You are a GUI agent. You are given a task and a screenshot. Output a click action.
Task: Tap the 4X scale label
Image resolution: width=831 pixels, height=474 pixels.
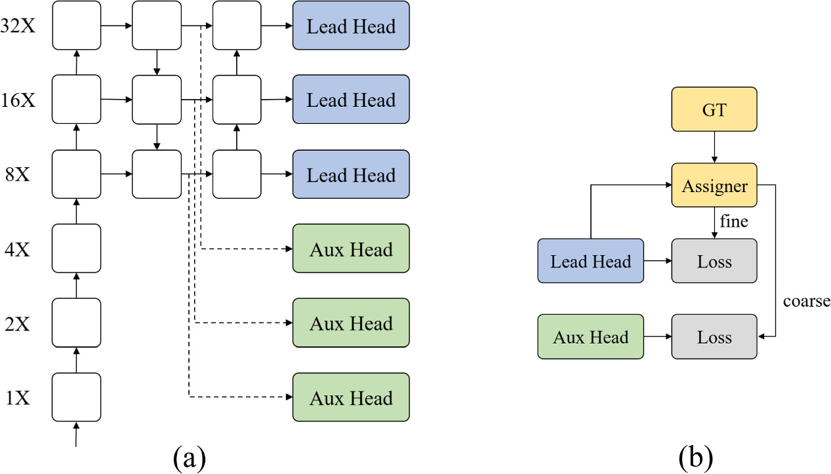[18, 249]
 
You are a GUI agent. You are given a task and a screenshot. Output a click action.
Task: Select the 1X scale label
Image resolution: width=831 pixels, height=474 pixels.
[18, 398]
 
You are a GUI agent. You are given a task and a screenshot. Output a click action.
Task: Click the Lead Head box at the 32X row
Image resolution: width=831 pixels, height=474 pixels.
[351, 26]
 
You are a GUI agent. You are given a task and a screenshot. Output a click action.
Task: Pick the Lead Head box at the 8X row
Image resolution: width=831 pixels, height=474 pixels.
[351, 175]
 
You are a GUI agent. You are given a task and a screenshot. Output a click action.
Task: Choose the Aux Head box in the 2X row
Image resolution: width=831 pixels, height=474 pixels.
[351, 323]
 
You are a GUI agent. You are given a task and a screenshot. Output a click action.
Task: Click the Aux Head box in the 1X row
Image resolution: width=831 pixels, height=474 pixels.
[351, 398]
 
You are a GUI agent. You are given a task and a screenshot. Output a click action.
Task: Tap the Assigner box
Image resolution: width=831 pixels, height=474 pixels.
[714, 186]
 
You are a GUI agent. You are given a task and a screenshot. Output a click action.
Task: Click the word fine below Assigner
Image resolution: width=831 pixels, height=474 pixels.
[733, 222]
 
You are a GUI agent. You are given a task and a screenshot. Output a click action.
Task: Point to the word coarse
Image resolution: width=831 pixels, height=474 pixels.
[806, 302]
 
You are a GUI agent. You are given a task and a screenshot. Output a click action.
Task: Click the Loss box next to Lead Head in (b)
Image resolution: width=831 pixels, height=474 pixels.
[714, 262]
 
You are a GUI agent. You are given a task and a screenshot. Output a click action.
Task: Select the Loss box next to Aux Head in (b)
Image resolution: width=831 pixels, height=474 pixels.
[714, 337]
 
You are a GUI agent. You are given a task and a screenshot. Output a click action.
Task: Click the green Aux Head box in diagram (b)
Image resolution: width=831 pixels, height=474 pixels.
[590, 337]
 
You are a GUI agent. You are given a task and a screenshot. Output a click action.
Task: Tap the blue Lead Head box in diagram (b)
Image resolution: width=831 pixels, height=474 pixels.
[590, 262]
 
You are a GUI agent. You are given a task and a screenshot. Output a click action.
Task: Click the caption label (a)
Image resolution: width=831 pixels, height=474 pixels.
[190, 456]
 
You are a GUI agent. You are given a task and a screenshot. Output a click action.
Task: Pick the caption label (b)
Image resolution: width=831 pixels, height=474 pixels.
[695, 456]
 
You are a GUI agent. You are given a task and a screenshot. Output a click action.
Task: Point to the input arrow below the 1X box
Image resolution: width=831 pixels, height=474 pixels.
[76, 434]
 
